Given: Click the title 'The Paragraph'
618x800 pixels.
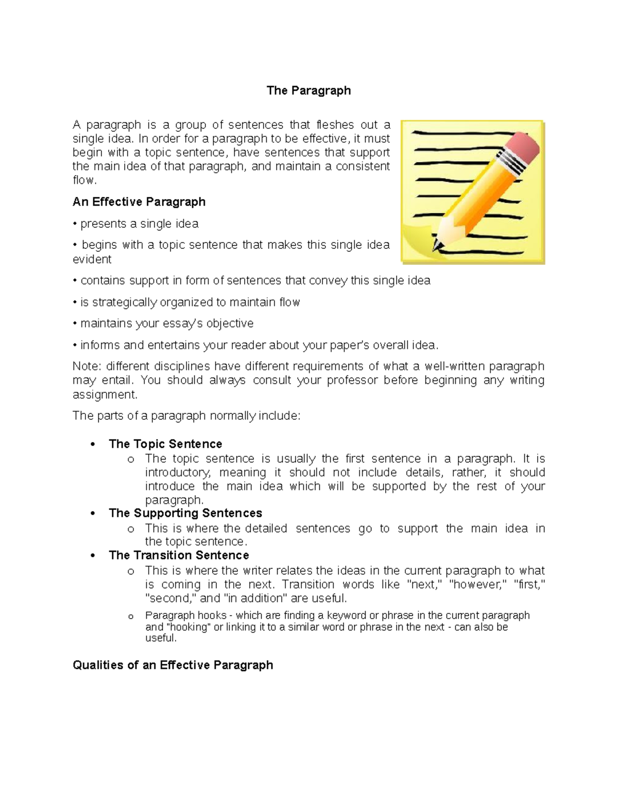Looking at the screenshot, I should point(308,91).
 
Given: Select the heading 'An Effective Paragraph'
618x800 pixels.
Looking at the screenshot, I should point(139,202).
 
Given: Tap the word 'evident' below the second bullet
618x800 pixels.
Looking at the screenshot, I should point(92,259).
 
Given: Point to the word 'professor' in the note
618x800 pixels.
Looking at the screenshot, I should point(345,380).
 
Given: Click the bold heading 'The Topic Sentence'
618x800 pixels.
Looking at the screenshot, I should point(165,444).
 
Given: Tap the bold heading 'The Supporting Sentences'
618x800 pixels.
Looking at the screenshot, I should point(185,513).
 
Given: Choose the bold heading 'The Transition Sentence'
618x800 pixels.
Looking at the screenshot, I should point(179,555).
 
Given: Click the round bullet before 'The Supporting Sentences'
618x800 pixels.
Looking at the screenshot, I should point(93,514).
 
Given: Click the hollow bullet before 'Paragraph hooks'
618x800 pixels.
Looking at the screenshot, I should point(130,617).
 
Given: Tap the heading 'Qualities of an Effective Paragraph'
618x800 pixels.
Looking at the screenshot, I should point(173,665).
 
